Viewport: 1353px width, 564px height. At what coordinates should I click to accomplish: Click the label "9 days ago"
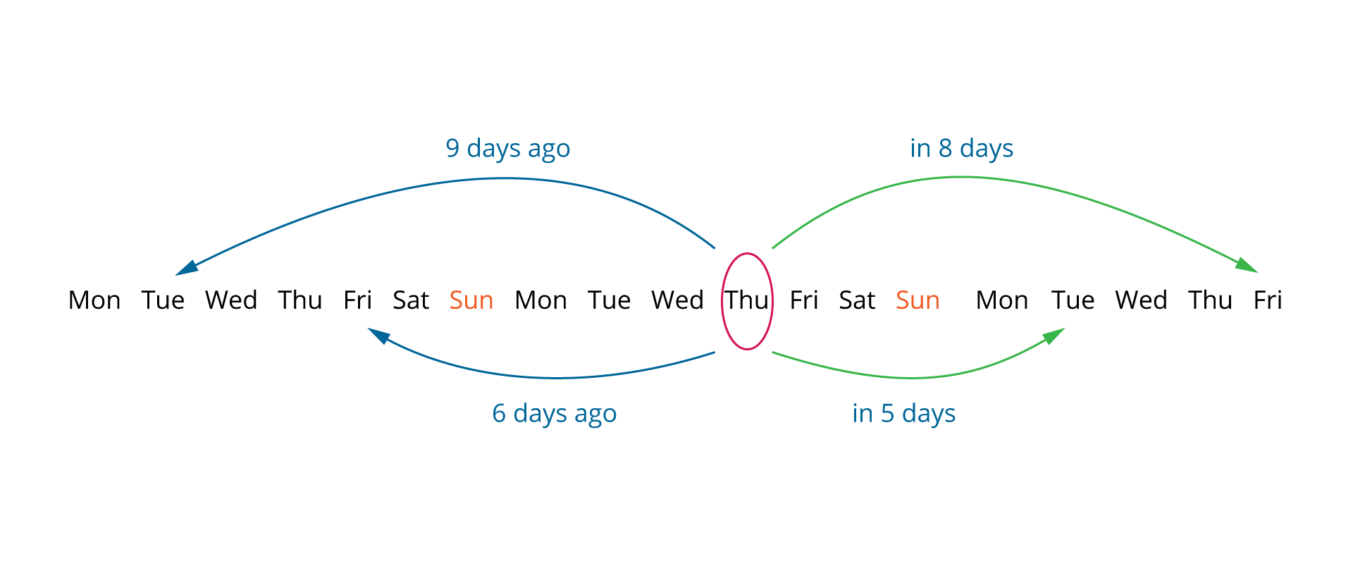(x=507, y=149)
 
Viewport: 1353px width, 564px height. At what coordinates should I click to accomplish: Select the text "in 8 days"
(x=961, y=149)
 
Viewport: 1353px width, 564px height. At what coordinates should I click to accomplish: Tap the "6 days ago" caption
(x=554, y=414)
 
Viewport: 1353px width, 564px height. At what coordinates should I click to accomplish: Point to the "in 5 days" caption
(x=903, y=414)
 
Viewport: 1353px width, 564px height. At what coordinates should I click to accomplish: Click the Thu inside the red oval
(x=747, y=300)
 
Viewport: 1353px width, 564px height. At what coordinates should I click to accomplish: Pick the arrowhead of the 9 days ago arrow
(x=187, y=269)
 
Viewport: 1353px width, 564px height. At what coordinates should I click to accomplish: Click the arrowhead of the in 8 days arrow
(x=1247, y=265)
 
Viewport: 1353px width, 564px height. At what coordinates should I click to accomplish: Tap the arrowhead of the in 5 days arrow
(x=1054, y=336)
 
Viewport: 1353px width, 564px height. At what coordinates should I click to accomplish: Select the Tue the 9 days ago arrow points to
(x=163, y=300)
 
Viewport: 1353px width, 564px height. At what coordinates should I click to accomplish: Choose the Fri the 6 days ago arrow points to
(x=357, y=300)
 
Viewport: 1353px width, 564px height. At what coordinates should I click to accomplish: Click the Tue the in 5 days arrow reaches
(x=1073, y=300)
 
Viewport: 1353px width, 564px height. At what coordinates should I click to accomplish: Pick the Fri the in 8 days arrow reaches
(x=1268, y=300)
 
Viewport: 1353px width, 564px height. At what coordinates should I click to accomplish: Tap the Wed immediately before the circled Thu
(x=677, y=300)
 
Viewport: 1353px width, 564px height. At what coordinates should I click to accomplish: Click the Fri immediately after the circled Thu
(x=804, y=300)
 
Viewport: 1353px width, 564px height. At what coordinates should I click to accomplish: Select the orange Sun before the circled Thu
(x=471, y=300)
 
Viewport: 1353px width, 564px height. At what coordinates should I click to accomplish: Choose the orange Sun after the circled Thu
(x=918, y=300)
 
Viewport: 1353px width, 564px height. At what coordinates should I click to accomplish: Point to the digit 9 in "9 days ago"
(x=452, y=148)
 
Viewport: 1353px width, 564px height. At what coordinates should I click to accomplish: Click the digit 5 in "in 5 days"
(x=887, y=413)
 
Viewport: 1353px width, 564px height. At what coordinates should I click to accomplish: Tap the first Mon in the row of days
(x=94, y=300)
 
